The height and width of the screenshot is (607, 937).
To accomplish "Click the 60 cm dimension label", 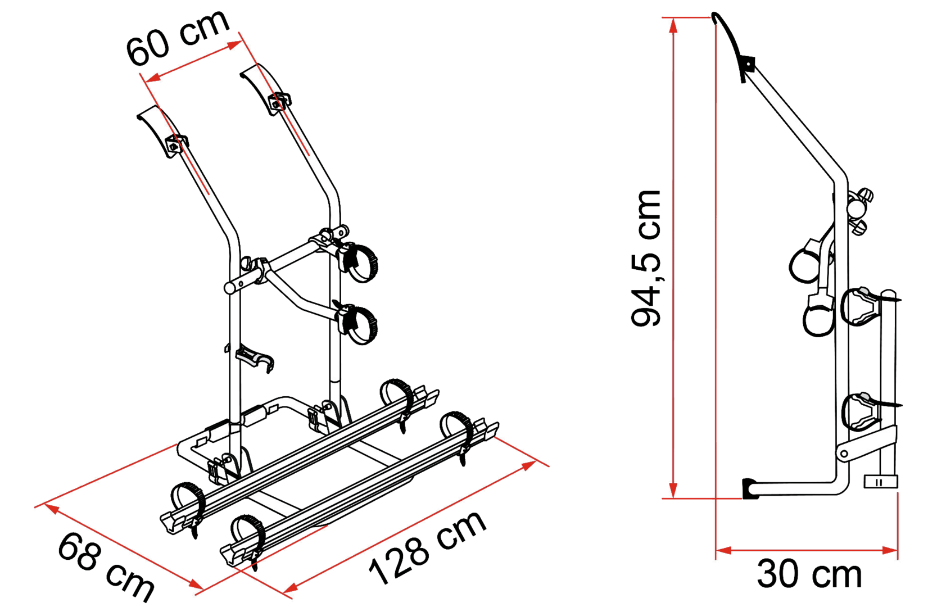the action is click(x=178, y=38).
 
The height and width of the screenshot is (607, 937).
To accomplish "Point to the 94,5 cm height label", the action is click(x=645, y=258).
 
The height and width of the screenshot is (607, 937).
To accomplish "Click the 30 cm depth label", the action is click(x=809, y=575).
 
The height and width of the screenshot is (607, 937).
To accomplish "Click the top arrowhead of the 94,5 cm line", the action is click(x=673, y=25).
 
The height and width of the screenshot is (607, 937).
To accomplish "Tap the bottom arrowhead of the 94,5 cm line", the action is click(x=673, y=491).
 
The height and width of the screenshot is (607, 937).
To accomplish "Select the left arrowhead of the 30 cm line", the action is click(x=723, y=551).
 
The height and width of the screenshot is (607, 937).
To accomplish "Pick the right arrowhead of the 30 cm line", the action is click(x=890, y=551).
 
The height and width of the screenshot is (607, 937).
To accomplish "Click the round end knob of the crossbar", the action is click(x=230, y=288).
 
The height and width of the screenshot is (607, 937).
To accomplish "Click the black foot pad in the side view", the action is click(x=750, y=488).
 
